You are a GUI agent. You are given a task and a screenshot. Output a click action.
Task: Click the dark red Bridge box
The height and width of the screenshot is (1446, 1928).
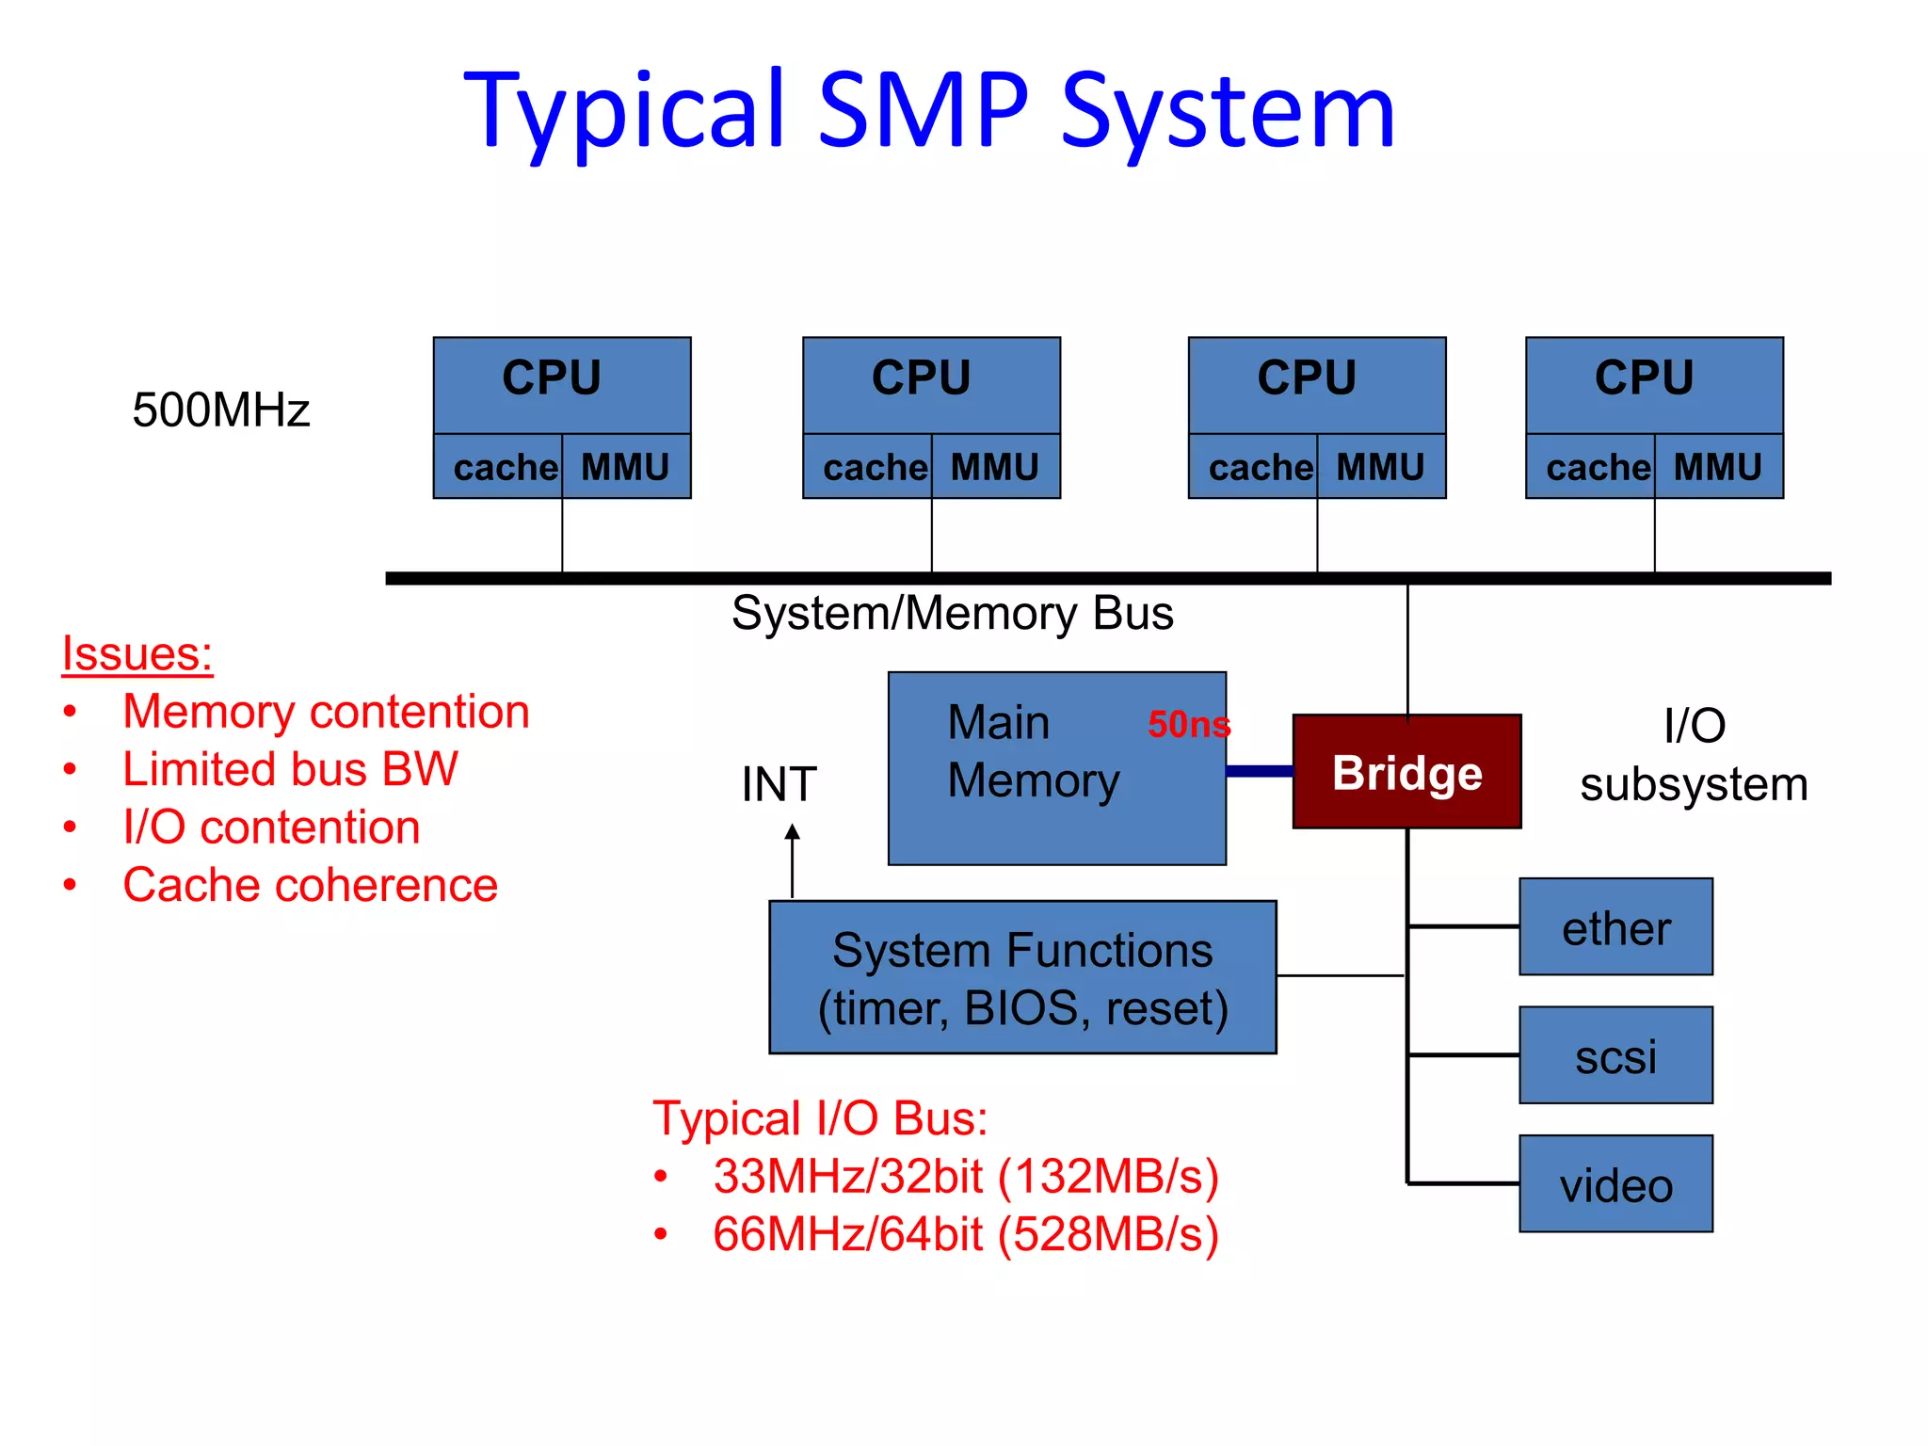[x=1406, y=772]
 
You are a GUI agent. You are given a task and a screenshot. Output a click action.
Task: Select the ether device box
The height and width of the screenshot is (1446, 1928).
[x=1615, y=927]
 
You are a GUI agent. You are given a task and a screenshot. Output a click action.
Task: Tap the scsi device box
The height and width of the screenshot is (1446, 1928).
[x=1615, y=1055]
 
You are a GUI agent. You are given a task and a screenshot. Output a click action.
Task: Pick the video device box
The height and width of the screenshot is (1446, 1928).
[x=1615, y=1184]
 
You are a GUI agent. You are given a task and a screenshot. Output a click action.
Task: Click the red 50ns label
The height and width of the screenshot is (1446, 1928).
[x=1189, y=724]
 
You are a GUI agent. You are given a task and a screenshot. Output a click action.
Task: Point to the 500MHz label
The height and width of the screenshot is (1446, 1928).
[x=221, y=410]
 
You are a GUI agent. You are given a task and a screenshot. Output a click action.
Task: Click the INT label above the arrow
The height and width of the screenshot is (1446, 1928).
[x=779, y=784]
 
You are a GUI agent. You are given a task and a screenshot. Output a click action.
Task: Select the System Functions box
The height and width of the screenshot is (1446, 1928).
[x=1022, y=977]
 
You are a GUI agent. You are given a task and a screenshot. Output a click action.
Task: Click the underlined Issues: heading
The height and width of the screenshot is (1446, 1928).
[x=137, y=653]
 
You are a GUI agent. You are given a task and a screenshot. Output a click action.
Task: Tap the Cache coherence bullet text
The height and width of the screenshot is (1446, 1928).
[x=310, y=885]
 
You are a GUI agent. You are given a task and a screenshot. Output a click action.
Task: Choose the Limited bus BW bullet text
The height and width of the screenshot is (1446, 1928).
[x=290, y=769]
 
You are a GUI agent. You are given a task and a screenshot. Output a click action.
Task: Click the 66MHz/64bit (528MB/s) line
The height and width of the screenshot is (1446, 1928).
[x=965, y=1234]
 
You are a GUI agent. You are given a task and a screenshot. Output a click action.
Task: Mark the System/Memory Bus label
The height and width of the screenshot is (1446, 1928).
[x=952, y=614]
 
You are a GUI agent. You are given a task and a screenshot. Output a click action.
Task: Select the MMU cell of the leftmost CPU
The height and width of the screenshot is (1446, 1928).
[x=625, y=467]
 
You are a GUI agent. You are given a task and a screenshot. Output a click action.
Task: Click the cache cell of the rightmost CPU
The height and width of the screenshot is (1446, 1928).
[x=1598, y=467]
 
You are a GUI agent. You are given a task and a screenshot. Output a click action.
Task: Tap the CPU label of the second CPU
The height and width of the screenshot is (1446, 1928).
[x=921, y=378]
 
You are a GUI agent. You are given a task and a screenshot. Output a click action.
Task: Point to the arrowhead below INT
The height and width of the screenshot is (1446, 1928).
[x=793, y=832]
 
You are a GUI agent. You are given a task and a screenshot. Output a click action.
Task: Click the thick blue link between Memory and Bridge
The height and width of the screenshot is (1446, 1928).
[x=1260, y=771]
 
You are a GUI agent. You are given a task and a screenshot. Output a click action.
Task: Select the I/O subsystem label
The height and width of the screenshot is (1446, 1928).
[x=1694, y=755]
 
